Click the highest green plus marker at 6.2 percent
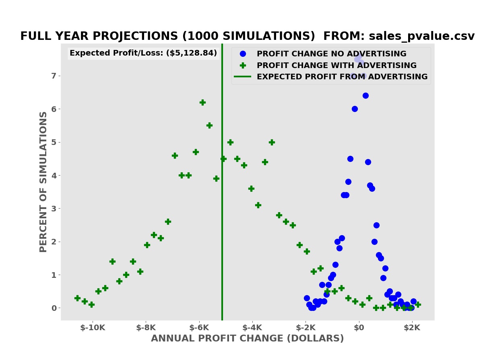[x=202, y=102]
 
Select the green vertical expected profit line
[x=222, y=242]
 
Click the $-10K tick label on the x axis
[x=93, y=327]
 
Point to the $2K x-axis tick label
[x=412, y=327]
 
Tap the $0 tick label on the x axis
[x=359, y=327]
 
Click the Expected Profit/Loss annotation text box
[x=143, y=53]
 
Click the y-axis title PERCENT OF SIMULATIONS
[x=43, y=182]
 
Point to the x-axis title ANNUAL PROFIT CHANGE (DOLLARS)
[x=247, y=339]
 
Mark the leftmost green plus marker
[x=77, y=298]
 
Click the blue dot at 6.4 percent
[x=365, y=95]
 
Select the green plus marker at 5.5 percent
[x=209, y=125]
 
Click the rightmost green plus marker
[x=418, y=304]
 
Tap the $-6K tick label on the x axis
[x=199, y=327]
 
